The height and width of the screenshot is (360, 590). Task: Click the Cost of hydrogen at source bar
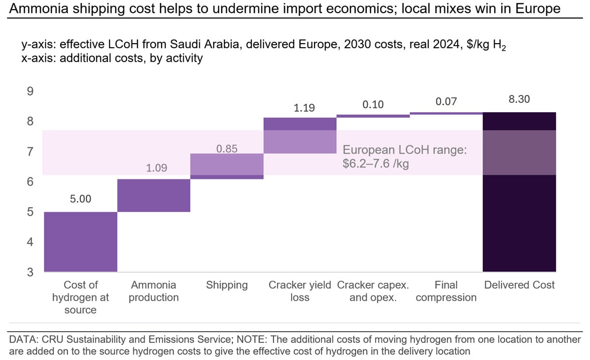[81, 242]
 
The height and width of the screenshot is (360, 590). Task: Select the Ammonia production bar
[154, 195]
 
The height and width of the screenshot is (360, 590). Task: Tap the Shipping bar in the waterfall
[227, 166]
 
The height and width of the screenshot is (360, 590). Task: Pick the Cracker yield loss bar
[300, 135]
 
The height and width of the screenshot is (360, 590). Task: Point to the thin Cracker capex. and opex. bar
[373, 116]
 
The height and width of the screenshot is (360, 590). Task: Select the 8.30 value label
[519, 99]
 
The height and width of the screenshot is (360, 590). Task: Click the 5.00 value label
[81, 199]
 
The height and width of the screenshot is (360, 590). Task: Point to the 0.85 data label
[227, 149]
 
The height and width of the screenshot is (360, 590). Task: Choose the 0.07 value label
[446, 102]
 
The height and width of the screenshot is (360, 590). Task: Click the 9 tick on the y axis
[30, 91]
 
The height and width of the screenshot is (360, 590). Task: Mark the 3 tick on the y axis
[30, 272]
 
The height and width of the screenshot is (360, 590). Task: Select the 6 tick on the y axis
[30, 182]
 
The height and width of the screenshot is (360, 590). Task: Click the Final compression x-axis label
[446, 291]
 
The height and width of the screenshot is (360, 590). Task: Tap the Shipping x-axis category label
[227, 285]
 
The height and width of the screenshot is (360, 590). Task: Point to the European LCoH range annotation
[405, 156]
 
